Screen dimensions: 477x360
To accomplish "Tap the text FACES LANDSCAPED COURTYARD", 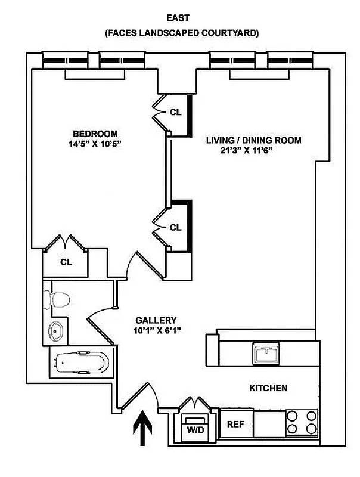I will (x=181, y=33).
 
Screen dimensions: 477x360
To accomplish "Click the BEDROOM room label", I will (x=95, y=134).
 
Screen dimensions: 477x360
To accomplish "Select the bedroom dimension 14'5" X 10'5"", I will (x=95, y=145).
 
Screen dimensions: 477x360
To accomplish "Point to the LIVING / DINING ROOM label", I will (x=253, y=140).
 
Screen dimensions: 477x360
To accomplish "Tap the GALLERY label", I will (x=156, y=320).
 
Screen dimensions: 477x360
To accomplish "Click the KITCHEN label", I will (x=268, y=388).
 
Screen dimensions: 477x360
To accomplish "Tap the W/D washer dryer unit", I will (x=194, y=428).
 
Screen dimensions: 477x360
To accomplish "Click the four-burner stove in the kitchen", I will (x=302, y=422).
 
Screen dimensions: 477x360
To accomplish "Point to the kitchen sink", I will (x=265, y=354).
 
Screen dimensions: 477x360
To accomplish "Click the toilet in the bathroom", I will (x=58, y=299).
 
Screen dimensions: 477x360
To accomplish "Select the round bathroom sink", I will (x=57, y=329).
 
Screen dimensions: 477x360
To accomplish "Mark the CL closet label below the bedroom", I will (x=66, y=261).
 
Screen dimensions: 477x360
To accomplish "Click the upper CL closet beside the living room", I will (x=176, y=111).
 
